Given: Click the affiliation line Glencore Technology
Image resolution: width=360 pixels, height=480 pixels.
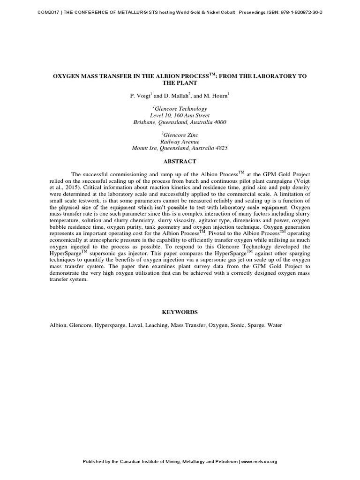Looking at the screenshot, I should point(180,108).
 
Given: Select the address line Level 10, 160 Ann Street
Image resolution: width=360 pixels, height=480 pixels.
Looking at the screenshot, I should point(180,115).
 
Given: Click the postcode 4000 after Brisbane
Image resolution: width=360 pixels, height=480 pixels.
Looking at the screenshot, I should point(220,122).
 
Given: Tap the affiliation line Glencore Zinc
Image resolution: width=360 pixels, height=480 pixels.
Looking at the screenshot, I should point(180,135).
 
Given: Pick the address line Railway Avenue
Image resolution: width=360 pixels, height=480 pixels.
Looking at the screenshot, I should point(180,142).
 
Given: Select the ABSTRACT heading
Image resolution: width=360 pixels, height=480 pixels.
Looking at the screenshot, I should point(180,161).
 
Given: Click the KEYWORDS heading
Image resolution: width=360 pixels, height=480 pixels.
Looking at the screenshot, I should point(180,312).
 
